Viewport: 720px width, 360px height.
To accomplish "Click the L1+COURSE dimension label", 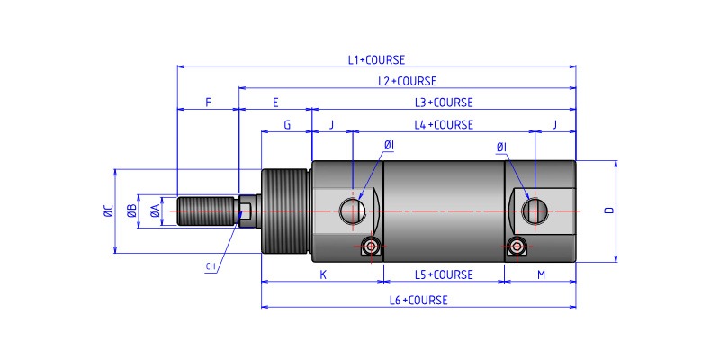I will click(376, 60).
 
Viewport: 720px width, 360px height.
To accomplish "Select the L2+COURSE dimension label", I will click(407, 81).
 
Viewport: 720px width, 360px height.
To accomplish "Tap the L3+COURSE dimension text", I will click(443, 103).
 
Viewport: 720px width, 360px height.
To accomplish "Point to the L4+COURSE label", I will click(443, 125).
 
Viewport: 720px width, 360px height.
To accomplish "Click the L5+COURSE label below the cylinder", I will click(443, 274).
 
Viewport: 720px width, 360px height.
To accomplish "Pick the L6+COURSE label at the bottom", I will click(418, 300).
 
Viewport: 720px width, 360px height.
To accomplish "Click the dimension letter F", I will click(208, 103).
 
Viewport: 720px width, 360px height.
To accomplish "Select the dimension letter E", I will click(274, 103).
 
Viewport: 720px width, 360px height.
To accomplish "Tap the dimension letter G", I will click(286, 125).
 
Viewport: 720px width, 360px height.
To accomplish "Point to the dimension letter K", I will click(323, 274).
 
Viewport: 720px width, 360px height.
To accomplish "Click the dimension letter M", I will click(540, 274).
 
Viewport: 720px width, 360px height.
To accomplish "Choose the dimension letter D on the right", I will click(609, 211).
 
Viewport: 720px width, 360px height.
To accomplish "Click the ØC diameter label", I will click(108, 211).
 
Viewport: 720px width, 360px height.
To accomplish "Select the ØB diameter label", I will click(131, 211).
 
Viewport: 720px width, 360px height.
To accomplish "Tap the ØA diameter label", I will click(155, 211).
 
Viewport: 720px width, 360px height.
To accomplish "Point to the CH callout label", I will click(211, 266).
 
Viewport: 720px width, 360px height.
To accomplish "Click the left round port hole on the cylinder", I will click(351, 211).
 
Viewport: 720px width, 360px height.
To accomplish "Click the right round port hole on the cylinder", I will click(535, 211).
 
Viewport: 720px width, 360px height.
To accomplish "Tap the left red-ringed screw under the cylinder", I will click(371, 247).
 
